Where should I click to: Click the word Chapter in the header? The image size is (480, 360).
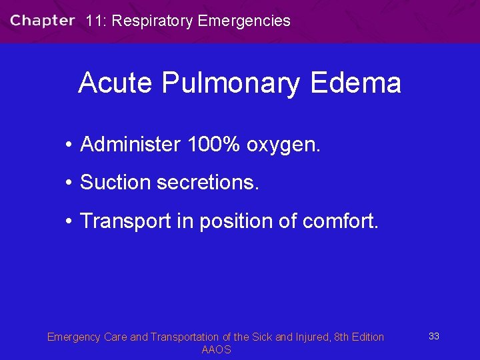(x=42, y=21)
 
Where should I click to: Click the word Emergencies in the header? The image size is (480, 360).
(x=244, y=21)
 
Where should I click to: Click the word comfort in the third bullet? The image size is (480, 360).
(x=340, y=221)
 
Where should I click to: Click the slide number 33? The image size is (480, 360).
(x=433, y=336)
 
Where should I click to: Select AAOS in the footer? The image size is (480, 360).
(x=216, y=350)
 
